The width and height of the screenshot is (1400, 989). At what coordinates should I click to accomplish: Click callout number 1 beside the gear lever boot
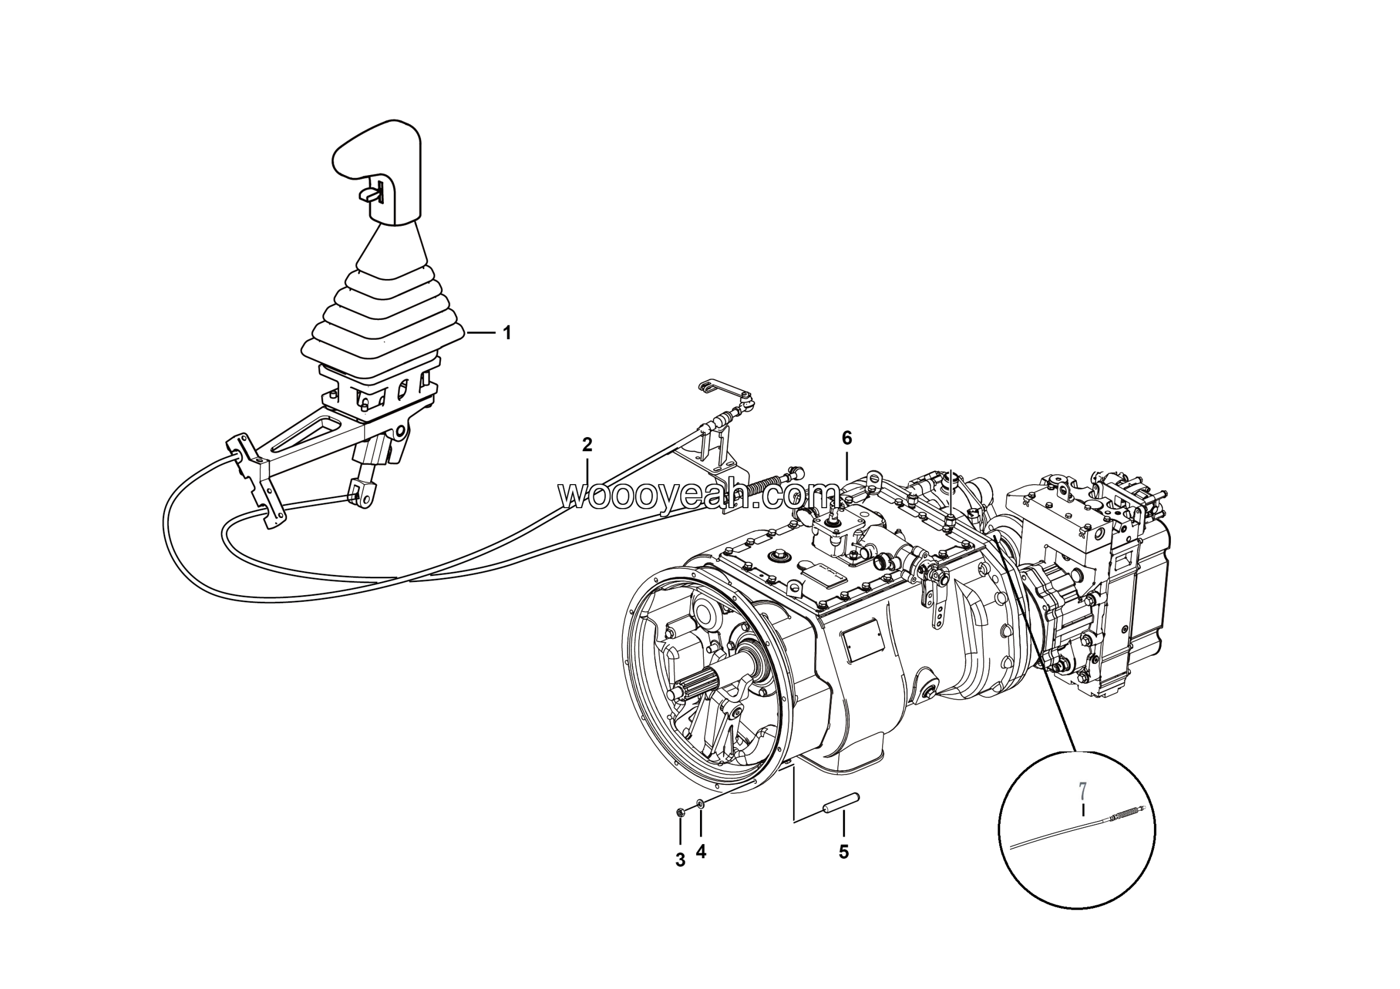(x=506, y=333)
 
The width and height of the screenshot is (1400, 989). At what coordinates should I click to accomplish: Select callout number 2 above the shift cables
(x=587, y=445)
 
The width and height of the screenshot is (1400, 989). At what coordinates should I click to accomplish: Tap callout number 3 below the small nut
(x=680, y=860)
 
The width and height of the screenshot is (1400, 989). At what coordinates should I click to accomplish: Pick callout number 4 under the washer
(x=701, y=852)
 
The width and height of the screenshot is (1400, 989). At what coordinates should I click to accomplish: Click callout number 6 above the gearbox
(x=847, y=438)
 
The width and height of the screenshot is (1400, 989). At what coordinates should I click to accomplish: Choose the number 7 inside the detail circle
(x=1082, y=791)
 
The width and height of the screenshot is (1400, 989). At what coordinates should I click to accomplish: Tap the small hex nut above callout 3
(x=680, y=812)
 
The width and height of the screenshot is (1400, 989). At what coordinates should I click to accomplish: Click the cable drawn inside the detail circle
(x=1073, y=831)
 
